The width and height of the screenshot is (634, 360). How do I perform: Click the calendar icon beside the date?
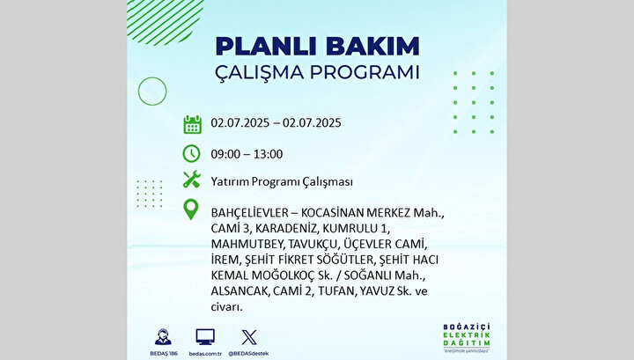pyautogui.click(x=193, y=124)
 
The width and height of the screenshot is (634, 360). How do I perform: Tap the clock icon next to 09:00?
pyautogui.click(x=191, y=154)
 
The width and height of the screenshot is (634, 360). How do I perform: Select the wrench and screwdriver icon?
pyautogui.click(x=192, y=180)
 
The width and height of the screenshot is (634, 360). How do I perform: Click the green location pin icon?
pyautogui.click(x=191, y=209)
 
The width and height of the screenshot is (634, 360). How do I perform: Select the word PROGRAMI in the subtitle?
pyautogui.click(x=365, y=72)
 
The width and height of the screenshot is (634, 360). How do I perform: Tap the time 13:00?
pyautogui.click(x=269, y=154)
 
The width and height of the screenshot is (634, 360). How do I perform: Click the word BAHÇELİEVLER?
pyautogui.click(x=250, y=212)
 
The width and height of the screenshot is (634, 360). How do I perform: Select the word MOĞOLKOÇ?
pyautogui.click(x=283, y=276)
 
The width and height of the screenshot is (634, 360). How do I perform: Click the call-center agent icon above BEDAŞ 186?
pyautogui.click(x=163, y=337)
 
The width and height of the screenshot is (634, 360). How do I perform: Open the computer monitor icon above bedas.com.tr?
pyautogui.click(x=205, y=337)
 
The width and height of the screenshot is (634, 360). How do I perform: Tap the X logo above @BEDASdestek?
pyautogui.click(x=249, y=337)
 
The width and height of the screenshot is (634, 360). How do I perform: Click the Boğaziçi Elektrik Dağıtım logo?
pyautogui.click(x=467, y=337)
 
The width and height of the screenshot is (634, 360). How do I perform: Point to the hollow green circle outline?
pyautogui.click(x=138, y=92)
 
